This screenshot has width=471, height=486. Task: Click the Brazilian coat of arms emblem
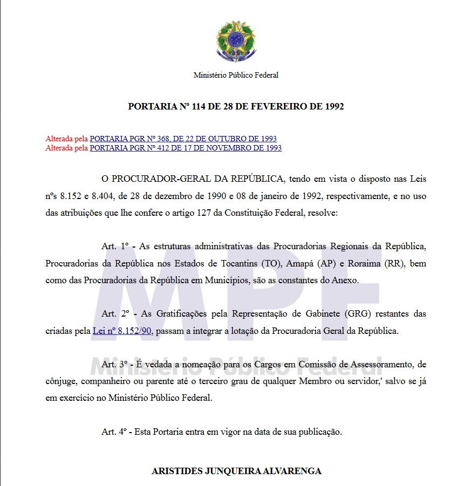pos(236,41)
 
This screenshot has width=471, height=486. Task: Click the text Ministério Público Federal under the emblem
pos(236,76)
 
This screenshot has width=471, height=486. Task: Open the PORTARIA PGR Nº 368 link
pos(183,139)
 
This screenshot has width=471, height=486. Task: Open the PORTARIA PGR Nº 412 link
pos(186,148)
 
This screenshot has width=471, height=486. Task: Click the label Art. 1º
pos(115,247)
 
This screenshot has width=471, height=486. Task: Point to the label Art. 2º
pos(115,313)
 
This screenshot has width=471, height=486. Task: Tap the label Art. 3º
pos(115,364)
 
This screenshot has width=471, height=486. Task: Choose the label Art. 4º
pos(115,432)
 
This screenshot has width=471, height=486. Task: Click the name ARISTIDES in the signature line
pos(175,471)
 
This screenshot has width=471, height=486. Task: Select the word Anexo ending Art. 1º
pos(345,280)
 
